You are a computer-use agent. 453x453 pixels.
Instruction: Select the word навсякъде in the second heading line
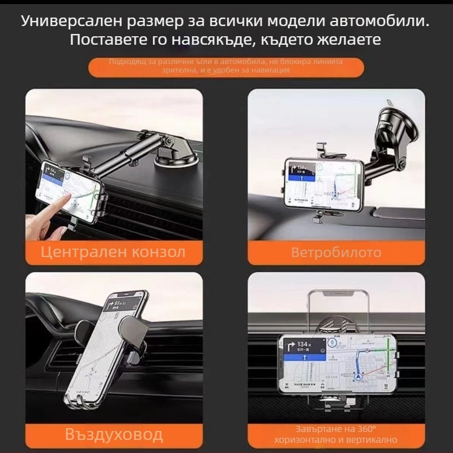pyautogui.click(x=203, y=40)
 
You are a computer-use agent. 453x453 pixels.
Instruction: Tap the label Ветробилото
pyautogui.click(x=336, y=253)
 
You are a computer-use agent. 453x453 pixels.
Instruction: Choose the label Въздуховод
pyautogui.click(x=113, y=435)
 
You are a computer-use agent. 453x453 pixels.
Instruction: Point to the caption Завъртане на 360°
pyautogui.click(x=336, y=429)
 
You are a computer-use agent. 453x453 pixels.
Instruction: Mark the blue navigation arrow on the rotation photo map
pyautogui.click(x=358, y=374)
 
